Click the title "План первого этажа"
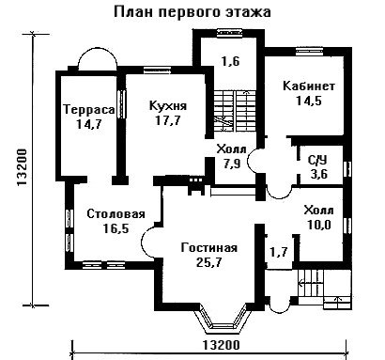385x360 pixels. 192,12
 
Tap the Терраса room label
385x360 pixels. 89,110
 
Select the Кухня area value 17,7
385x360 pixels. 168,120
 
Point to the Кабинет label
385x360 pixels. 309,86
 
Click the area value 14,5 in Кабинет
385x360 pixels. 309,101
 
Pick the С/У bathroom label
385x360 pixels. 317,161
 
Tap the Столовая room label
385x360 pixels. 115,214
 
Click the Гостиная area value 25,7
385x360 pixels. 209,262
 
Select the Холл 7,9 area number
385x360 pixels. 232,164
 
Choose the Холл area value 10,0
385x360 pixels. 319,225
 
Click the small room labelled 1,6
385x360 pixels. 231,61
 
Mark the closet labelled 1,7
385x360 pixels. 279,252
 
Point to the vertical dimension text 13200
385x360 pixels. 23,167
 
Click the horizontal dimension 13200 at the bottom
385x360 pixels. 222,345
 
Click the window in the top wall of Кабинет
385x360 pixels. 309,50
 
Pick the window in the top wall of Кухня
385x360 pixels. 158,70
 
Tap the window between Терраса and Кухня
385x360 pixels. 121,104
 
